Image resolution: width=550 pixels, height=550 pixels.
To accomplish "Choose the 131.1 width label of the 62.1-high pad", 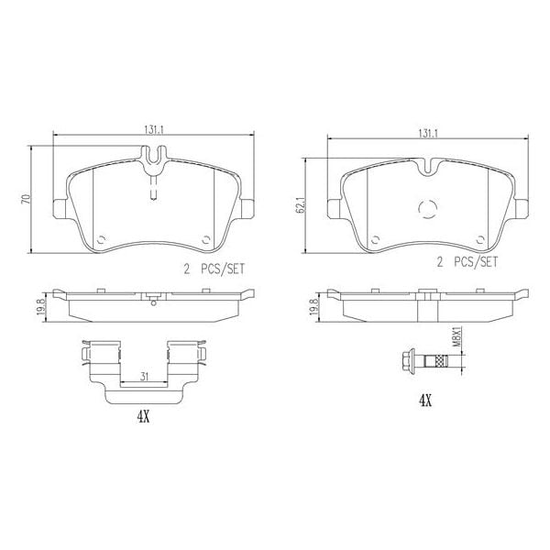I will pyautogui.click(x=428, y=133).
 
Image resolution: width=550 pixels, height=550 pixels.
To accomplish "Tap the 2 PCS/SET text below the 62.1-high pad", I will pyautogui.click(x=466, y=261).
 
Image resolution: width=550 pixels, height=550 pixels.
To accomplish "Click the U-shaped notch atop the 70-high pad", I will pyautogui.click(x=155, y=160).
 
